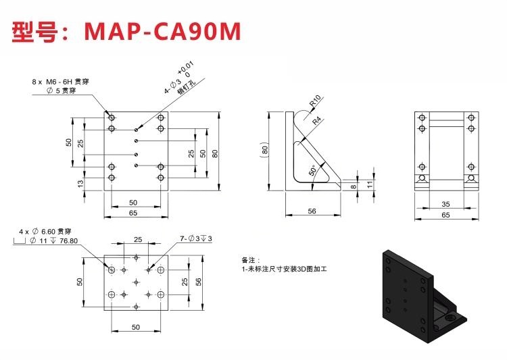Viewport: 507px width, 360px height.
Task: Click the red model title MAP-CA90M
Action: coord(162,31)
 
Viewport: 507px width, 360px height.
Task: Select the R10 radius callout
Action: coord(315,101)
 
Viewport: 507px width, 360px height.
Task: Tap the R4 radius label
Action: coord(317,120)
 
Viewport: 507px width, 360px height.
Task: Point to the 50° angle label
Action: coord(312,170)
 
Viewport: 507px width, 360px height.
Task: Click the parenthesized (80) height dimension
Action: coord(264,150)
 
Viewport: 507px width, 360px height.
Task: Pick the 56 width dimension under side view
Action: coord(312,211)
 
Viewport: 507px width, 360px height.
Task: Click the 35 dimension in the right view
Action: coord(445,204)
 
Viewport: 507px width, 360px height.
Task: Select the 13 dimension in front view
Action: coord(80,183)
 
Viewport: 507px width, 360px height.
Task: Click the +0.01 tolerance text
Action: coord(185,68)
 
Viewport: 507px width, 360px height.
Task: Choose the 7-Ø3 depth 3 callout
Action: coord(196,238)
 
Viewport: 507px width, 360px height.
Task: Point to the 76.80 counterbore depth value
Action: coord(68,240)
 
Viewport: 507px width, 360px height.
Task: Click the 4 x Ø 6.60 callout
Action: coord(45,232)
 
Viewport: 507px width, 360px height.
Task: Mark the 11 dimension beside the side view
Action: coord(370,184)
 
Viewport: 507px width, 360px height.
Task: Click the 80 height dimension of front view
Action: coord(215,153)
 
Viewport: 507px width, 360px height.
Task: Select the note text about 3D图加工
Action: coord(285,269)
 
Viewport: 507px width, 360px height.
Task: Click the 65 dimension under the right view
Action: coord(445,215)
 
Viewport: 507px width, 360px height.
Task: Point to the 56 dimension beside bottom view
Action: coord(198,282)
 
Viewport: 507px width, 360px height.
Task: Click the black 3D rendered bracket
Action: coord(425,297)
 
